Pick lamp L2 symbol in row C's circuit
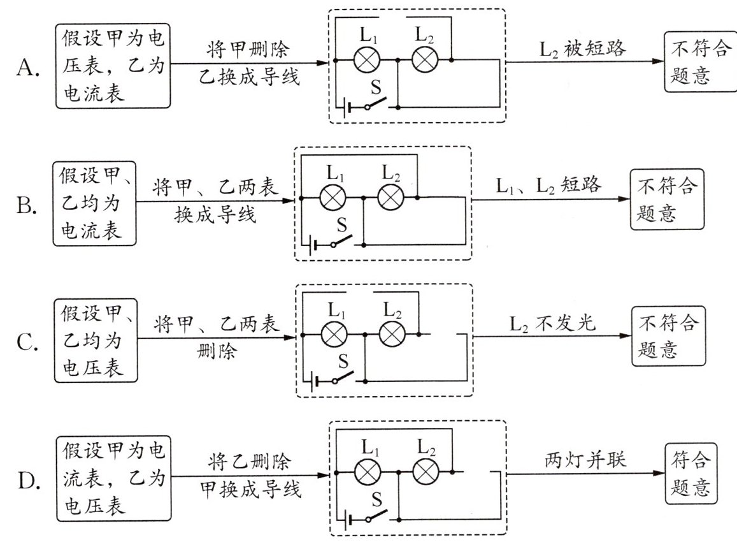(x=392, y=334)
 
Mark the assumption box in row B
(x=94, y=203)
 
